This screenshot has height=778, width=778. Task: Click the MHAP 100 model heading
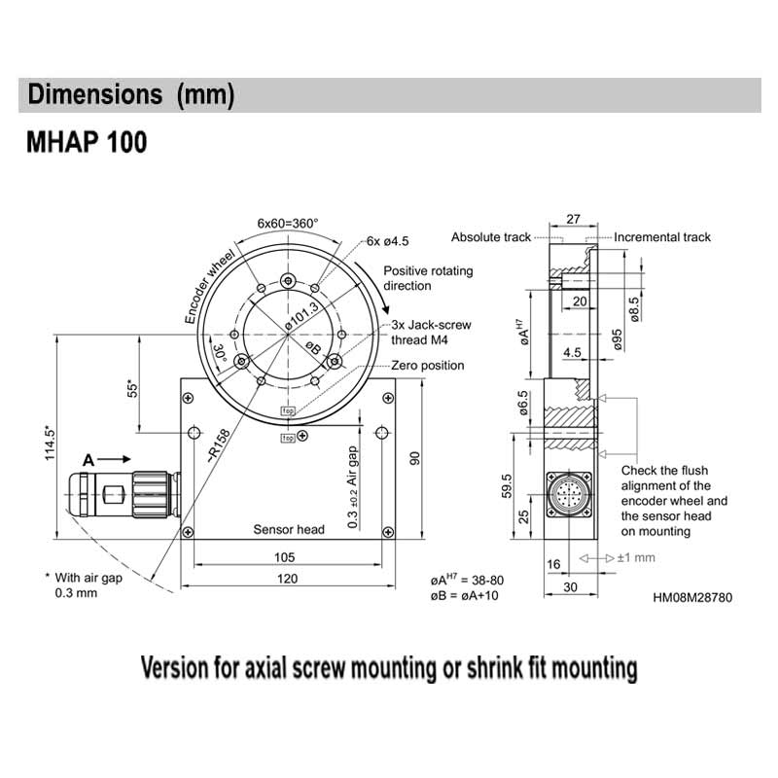click(x=87, y=143)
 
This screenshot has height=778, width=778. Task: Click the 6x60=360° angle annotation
click(x=288, y=223)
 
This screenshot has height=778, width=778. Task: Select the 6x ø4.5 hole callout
click(x=389, y=241)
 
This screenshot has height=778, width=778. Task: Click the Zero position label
click(x=427, y=365)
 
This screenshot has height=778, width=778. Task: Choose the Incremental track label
click(x=662, y=237)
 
